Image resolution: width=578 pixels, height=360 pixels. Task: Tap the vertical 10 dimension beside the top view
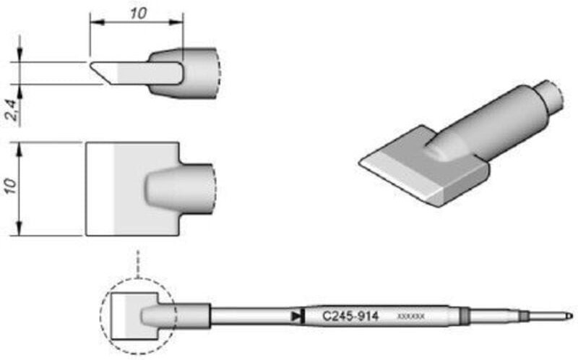10,189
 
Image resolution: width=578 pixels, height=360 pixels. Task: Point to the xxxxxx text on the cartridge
415,317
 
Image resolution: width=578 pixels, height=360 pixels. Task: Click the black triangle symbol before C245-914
296,316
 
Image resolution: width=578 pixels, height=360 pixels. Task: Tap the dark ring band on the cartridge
465,316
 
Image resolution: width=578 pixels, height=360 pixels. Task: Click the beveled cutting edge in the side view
100,73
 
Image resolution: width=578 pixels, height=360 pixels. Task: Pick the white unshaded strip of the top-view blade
101,189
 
